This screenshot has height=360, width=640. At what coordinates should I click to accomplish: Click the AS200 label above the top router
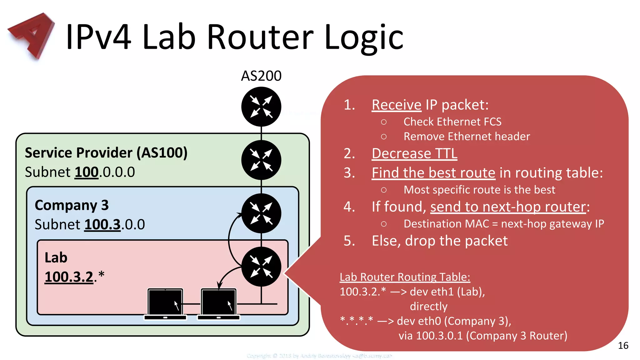(x=261, y=76)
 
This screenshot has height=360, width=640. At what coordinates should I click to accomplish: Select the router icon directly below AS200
(x=261, y=107)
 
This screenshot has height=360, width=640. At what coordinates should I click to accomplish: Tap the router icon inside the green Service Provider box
(x=261, y=160)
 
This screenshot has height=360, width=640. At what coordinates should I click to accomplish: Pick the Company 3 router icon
(x=261, y=213)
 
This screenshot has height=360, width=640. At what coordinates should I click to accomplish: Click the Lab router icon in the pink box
(x=261, y=267)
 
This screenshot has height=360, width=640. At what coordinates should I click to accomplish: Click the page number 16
(x=623, y=345)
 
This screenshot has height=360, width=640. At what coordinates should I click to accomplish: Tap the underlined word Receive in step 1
(x=396, y=105)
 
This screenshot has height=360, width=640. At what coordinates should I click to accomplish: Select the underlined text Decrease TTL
(x=414, y=154)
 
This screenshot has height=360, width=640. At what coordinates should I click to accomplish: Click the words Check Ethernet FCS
(x=452, y=122)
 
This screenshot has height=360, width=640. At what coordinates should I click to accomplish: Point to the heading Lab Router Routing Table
(x=405, y=277)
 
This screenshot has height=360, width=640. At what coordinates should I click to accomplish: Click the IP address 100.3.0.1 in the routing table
(x=439, y=336)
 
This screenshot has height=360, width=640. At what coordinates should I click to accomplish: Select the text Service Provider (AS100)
(x=106, y=153)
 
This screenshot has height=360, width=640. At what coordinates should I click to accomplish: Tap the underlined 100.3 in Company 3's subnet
(x=102, y=224)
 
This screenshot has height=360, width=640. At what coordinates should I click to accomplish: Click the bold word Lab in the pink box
(x=56, y=258)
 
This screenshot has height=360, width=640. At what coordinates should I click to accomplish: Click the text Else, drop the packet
(x=439, y=241)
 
